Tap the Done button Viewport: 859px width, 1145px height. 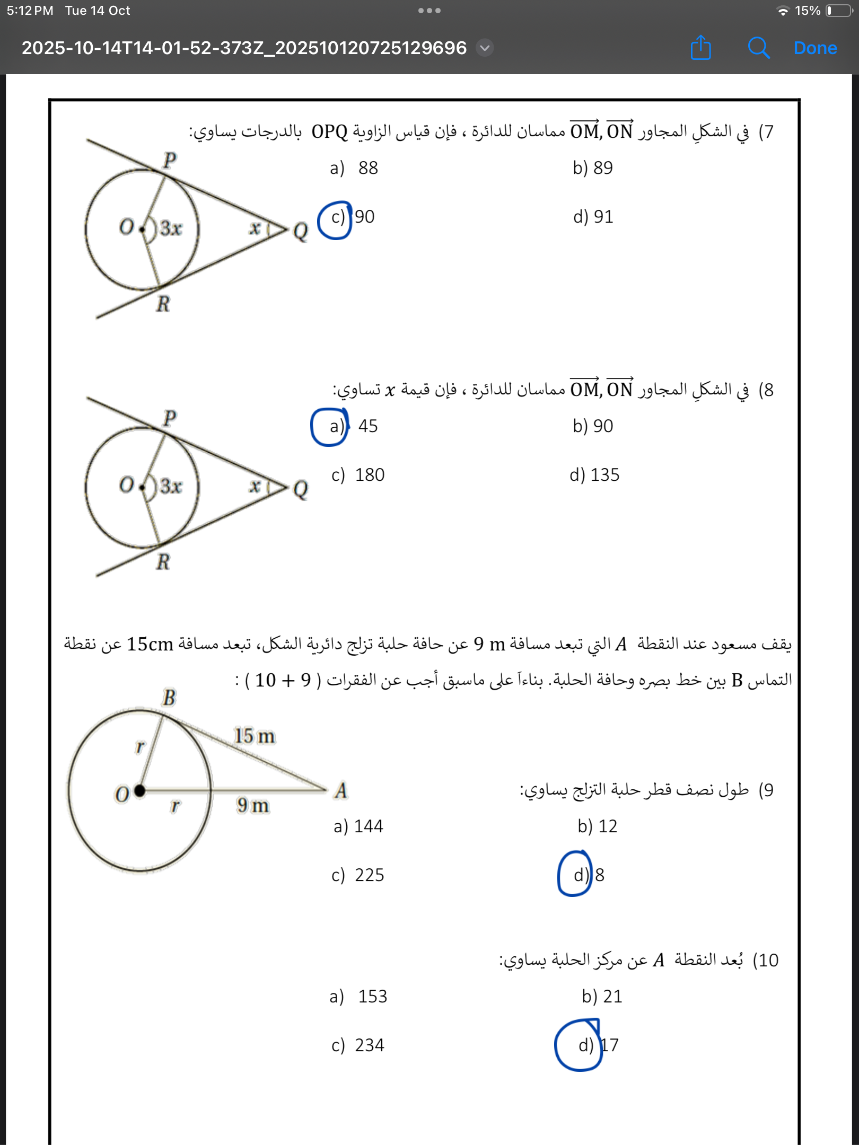coord(815,48)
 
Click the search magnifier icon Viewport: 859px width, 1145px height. coord(758,48)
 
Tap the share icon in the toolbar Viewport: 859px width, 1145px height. coord(700,48)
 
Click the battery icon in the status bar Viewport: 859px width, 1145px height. coord(839,11)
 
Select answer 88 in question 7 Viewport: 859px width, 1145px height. coord(367,168)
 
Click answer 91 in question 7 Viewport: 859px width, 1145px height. coord(603,217)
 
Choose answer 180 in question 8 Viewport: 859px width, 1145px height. coord(369,475)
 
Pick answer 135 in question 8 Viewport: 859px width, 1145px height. coord(604,475)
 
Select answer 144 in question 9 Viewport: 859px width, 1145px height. coord(368,826)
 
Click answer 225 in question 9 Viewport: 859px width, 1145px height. coord(369,875)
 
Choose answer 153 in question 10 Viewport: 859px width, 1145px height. coord(372,997)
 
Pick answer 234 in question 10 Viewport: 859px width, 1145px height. coord(369,1045)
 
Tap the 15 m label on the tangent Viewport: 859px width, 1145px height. coord(255,736)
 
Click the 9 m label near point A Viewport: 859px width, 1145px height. coord(253,805)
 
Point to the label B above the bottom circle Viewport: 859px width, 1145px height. coord(169,698)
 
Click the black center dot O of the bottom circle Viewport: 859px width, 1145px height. coord(140,790)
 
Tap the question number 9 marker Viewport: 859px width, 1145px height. coord(766,790)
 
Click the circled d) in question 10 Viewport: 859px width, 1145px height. coord(585,1045)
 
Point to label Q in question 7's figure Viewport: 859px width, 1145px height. coord(300,231)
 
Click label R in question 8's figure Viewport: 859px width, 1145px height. coord(163,562)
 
